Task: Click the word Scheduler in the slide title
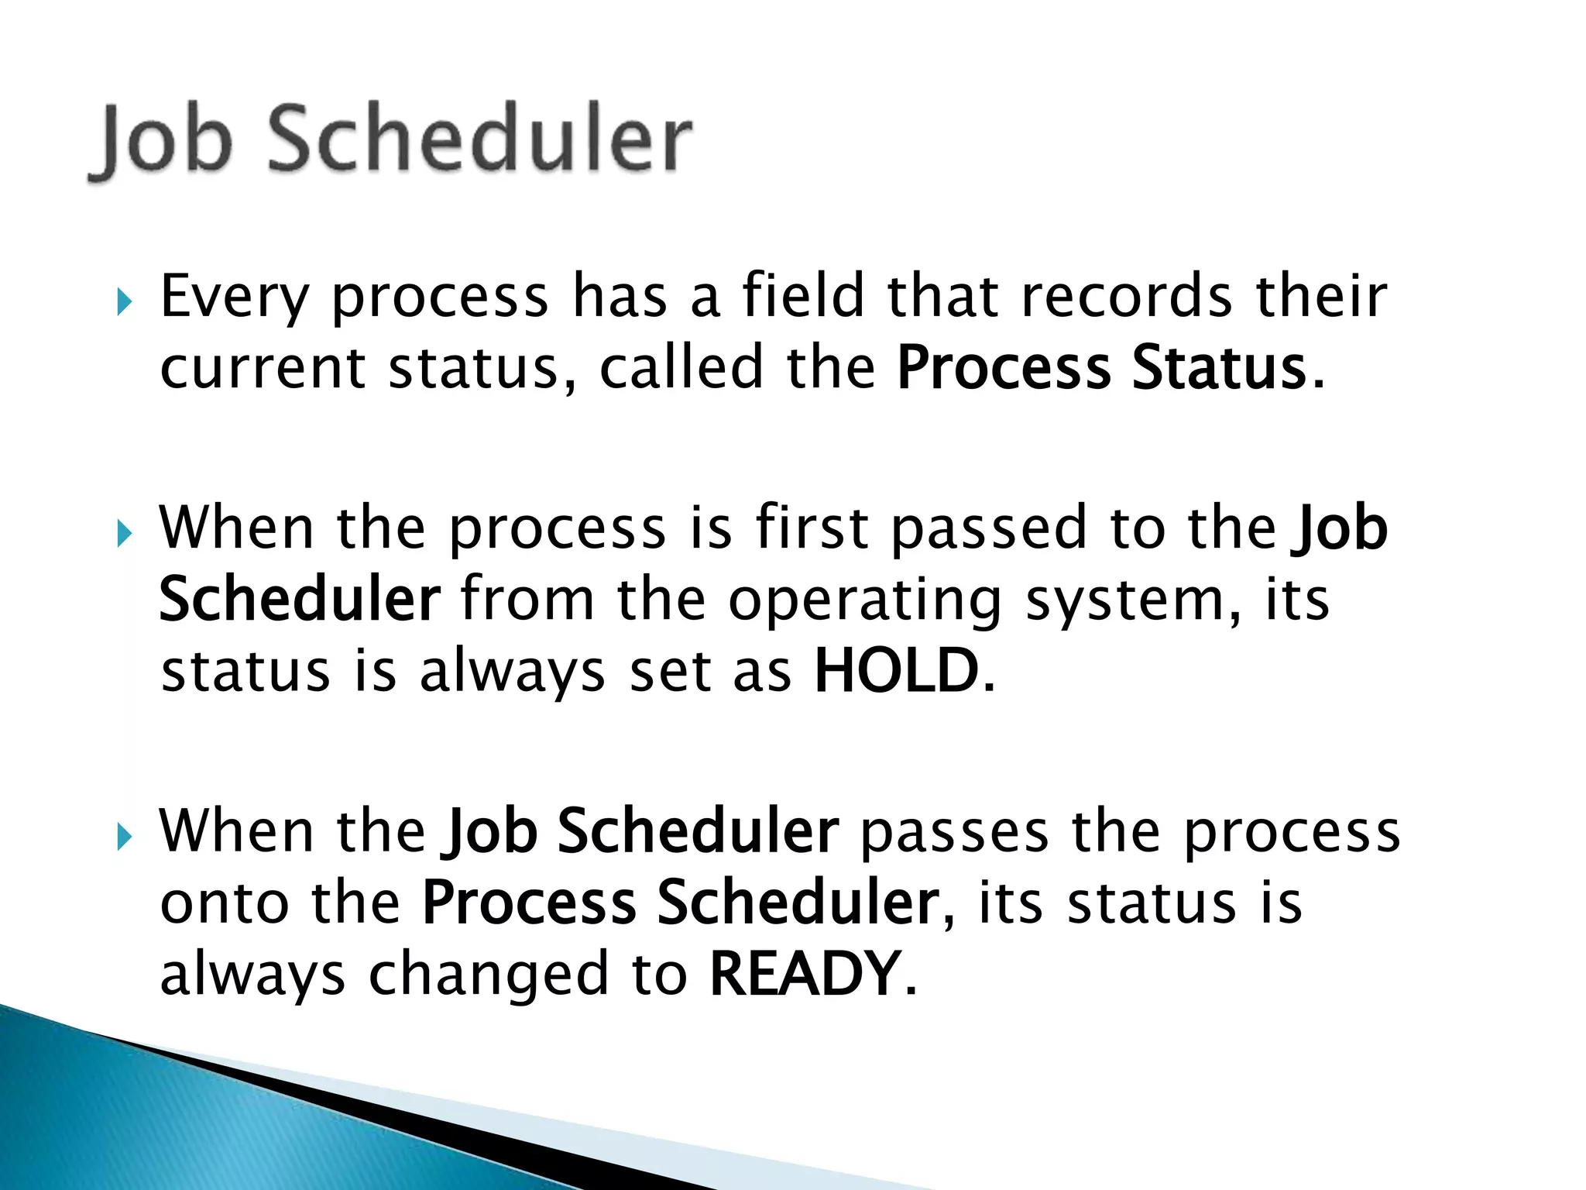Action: [479, 139]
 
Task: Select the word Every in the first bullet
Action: [235, 297]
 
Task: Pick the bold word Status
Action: [1219, 367]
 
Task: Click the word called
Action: [681, 367]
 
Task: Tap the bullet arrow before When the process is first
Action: [124, 533]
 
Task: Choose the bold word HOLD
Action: [897, 671]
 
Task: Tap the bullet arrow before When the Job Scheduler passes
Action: [124, 837]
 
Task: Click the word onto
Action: [224, 903]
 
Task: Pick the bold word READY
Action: [805, 975]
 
